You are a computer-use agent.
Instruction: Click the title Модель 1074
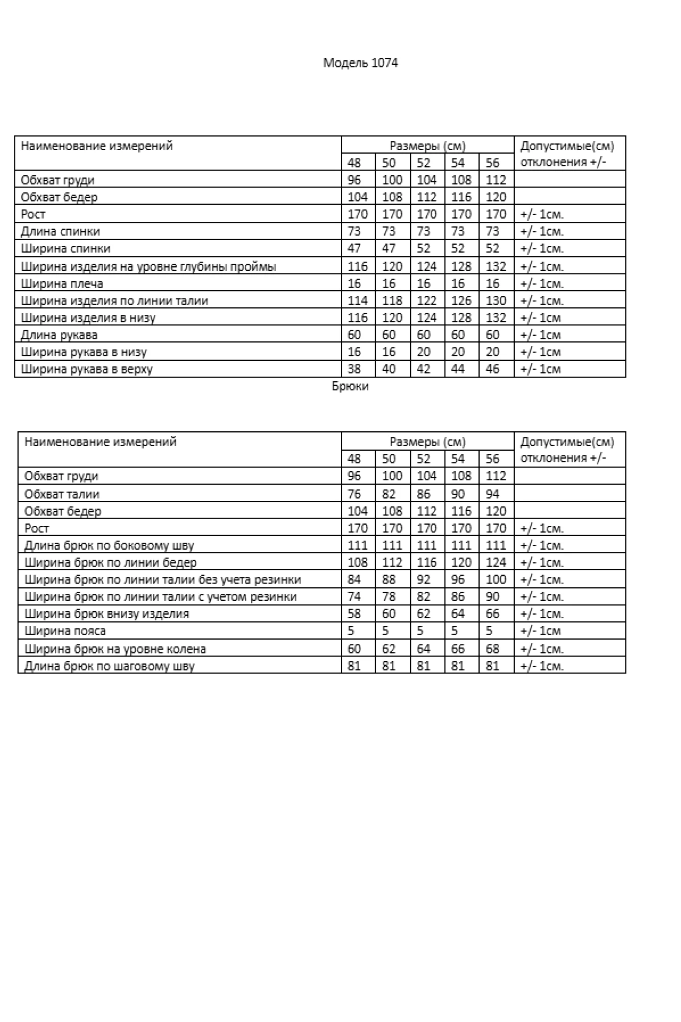click(360, 63)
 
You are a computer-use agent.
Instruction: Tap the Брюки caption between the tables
click(350, 386)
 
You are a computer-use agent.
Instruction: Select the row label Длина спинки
click(60, 231)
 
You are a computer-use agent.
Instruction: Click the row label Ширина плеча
click(62, 284)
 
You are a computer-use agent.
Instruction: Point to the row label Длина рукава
click(59, 335)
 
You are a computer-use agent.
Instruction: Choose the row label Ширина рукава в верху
click(87, 369)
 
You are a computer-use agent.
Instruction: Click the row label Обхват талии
click(62, 494)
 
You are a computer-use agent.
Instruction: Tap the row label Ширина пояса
click(65, 631)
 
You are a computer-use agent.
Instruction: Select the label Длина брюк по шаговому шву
click(109, 666)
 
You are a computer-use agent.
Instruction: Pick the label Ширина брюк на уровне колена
click(115, 649)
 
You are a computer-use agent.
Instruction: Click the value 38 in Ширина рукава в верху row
click(354, 369)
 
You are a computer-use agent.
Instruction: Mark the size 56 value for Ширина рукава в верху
click(492, 369)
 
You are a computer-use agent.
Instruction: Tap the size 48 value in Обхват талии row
click(354, 494)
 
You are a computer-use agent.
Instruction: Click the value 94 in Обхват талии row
click(492, 494)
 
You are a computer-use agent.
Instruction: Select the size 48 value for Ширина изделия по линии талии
click(358, 300)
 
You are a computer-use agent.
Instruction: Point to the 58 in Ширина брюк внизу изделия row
click(354, 614)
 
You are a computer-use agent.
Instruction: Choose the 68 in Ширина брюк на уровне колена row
click(492, 649)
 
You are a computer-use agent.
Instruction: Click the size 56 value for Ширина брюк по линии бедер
click(496, 563)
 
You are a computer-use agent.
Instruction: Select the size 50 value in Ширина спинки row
click(389, 248)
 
